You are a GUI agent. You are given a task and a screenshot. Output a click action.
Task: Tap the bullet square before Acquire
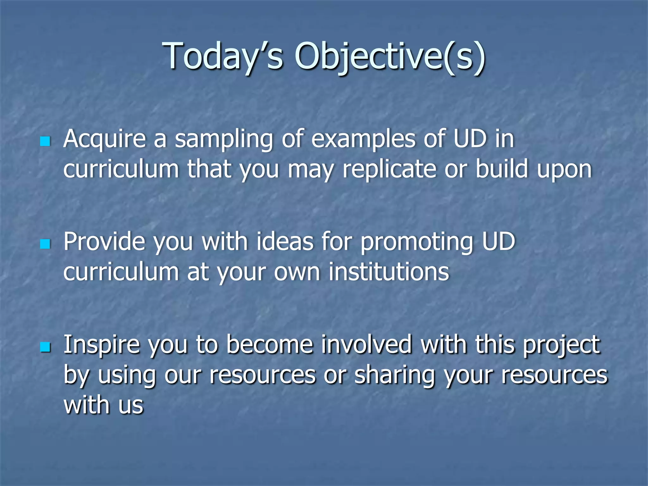(45, 141)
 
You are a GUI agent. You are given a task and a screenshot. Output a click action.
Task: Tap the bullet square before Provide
(45, 244)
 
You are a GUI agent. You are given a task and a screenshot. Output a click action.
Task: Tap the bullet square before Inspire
(45, 347)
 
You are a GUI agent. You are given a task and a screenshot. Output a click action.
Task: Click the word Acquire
(104, 139)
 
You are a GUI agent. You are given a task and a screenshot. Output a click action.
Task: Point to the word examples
(363, 139)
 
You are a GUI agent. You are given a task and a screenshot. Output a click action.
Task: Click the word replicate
(389, 169)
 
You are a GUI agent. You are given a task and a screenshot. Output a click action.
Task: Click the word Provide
(104, 242)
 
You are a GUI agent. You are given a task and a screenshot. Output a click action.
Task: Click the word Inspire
(101, 345)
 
